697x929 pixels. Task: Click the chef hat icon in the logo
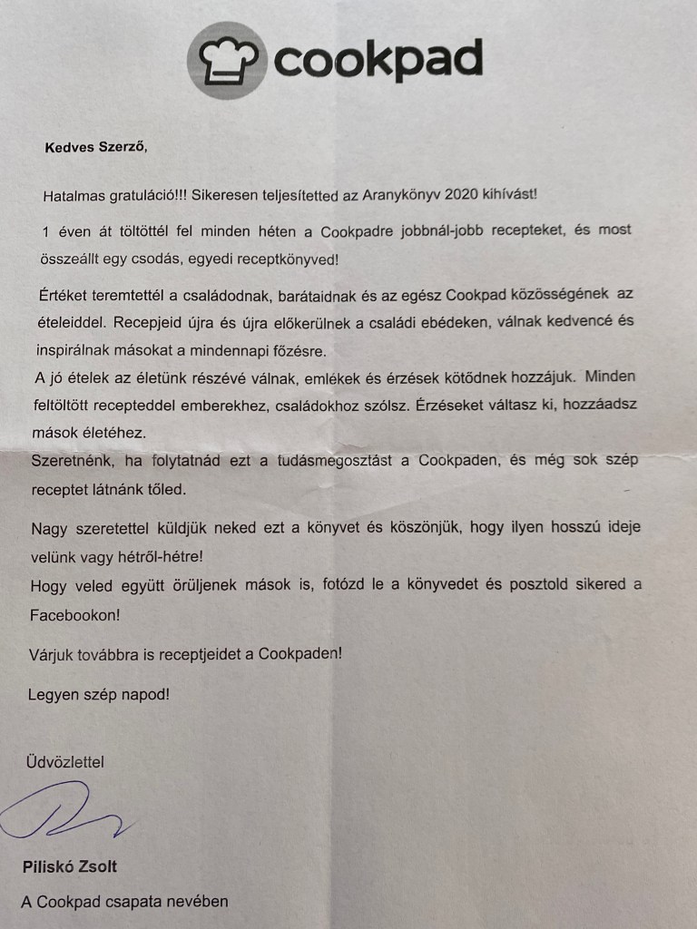click(x=228, y=60)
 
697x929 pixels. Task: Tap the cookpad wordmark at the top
click(x=377, y=59)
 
